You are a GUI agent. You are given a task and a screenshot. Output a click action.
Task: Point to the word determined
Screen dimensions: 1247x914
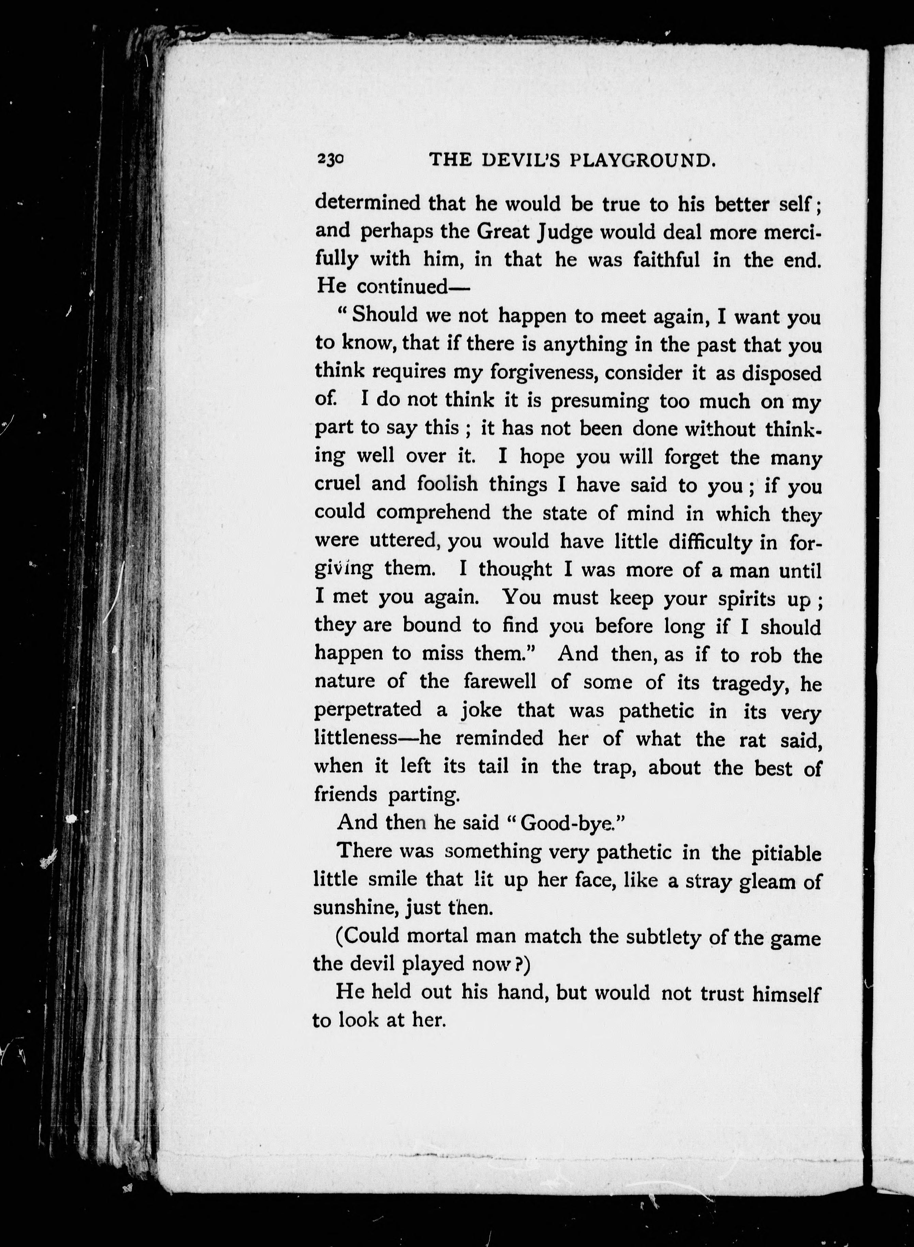[x=367, y=204]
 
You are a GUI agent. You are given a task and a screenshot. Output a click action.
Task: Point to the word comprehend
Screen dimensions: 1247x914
[x=433, y=513]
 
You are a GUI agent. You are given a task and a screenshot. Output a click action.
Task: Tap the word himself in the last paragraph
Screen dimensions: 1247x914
[x=786, y=994]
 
